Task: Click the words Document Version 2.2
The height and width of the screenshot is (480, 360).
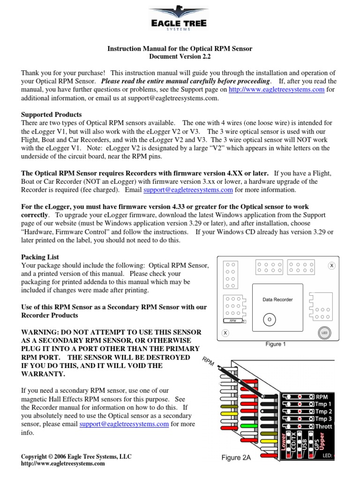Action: pos(180,57)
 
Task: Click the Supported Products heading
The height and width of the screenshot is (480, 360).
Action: pos(52,114)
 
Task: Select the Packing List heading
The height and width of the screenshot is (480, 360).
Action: pos(40,257)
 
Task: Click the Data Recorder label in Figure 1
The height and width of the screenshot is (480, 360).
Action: pos(277,300)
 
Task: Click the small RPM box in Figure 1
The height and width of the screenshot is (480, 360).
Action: pos(233,321)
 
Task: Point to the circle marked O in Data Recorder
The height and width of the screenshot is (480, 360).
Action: pos(269,319)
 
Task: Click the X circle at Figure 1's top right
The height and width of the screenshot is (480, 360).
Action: pos(332,266)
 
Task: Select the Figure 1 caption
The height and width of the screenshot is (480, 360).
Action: pos(276,345)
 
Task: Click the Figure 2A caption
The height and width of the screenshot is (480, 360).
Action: pos(236,458)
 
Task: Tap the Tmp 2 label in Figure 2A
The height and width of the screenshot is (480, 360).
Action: pos(323,412)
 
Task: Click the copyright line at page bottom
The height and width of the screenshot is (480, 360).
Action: pos(76,457)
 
